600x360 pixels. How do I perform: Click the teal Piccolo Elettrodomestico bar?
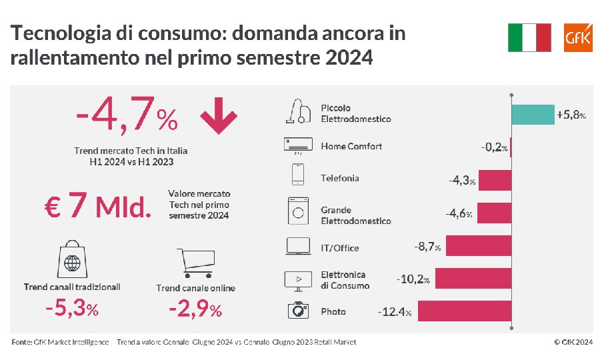pos(533,115)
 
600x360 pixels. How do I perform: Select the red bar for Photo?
pos(464,311)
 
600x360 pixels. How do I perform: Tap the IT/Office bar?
pos(479,247)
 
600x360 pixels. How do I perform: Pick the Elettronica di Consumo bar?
pos(473,279)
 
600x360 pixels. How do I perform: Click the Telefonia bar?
pos(494,180)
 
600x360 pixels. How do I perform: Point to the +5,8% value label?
pos(571,115)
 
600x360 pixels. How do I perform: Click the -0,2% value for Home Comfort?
pos(494,147)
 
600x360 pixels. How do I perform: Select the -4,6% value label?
pos(459,214)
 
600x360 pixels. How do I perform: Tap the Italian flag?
pos(529,37)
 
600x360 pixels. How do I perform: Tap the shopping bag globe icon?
pos(71,261)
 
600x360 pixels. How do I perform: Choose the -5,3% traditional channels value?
pos(71,309)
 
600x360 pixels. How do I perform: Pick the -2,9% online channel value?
pos(195,309)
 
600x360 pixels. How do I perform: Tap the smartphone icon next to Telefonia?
pos(297,175)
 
